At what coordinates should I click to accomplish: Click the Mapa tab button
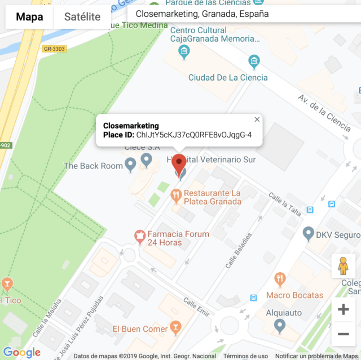(29, 17)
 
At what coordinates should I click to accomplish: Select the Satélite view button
(82, 17)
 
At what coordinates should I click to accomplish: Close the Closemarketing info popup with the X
(257, 119)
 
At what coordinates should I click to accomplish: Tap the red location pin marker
(179, 165)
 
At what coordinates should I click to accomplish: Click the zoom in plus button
(343, 309)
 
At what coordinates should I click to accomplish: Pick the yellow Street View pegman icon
(343, 265)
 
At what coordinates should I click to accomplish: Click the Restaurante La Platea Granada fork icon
(176, 195)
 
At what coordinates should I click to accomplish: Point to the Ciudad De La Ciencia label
(228, 77)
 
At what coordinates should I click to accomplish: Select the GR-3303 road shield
(54, 49)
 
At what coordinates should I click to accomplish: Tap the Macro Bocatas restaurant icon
(279, 279)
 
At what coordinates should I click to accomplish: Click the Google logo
(22, 353)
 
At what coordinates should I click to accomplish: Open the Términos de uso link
(245, 356)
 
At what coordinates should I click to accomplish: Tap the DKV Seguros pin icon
(308, 232)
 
